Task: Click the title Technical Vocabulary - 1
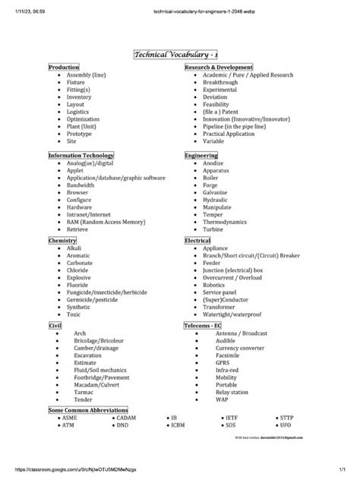(179, 54)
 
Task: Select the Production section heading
(64, 68)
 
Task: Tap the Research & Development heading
(218, 68)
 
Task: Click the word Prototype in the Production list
(81, 134)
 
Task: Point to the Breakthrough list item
(221, 83)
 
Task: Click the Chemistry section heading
(63, 240)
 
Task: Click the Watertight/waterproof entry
(232, 314)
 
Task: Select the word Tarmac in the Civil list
(84, 392)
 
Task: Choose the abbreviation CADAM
(127, 418)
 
